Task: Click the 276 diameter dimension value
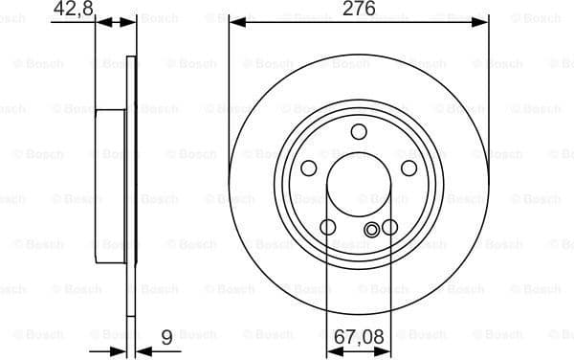point(359,9)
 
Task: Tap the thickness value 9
point(166,336)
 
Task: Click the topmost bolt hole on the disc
point(359,132)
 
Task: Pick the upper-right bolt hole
point(409,169)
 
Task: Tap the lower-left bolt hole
point(327,228)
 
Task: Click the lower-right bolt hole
point(389,228)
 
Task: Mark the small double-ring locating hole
point(372,229)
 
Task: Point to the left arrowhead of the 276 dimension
point(235,22)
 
